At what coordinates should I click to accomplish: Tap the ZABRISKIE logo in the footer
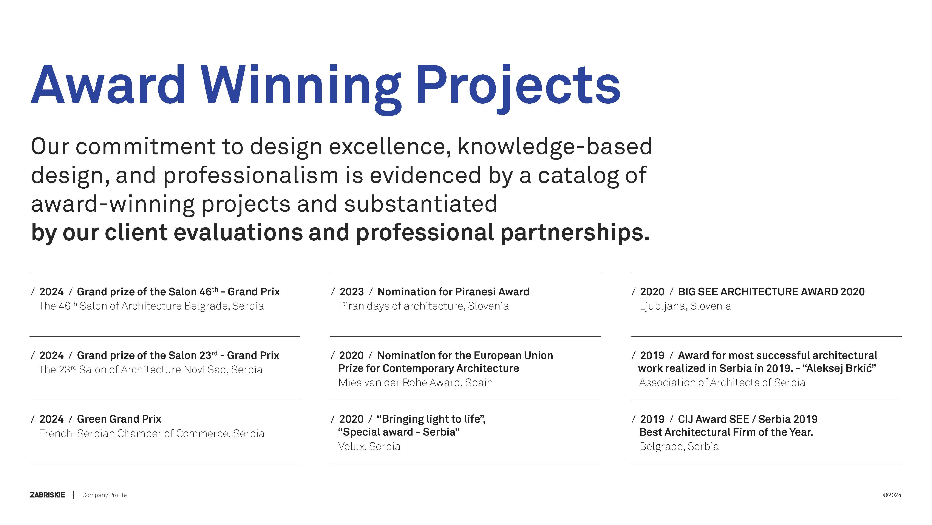(x=47, y=495)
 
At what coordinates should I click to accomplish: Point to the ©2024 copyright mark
(x=892, y=495)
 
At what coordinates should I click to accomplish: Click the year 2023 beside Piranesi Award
(x=352, y=292)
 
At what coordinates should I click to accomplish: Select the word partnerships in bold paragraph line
(x=575, y=232)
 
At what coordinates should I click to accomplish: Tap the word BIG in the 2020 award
(x=687, y=292)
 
